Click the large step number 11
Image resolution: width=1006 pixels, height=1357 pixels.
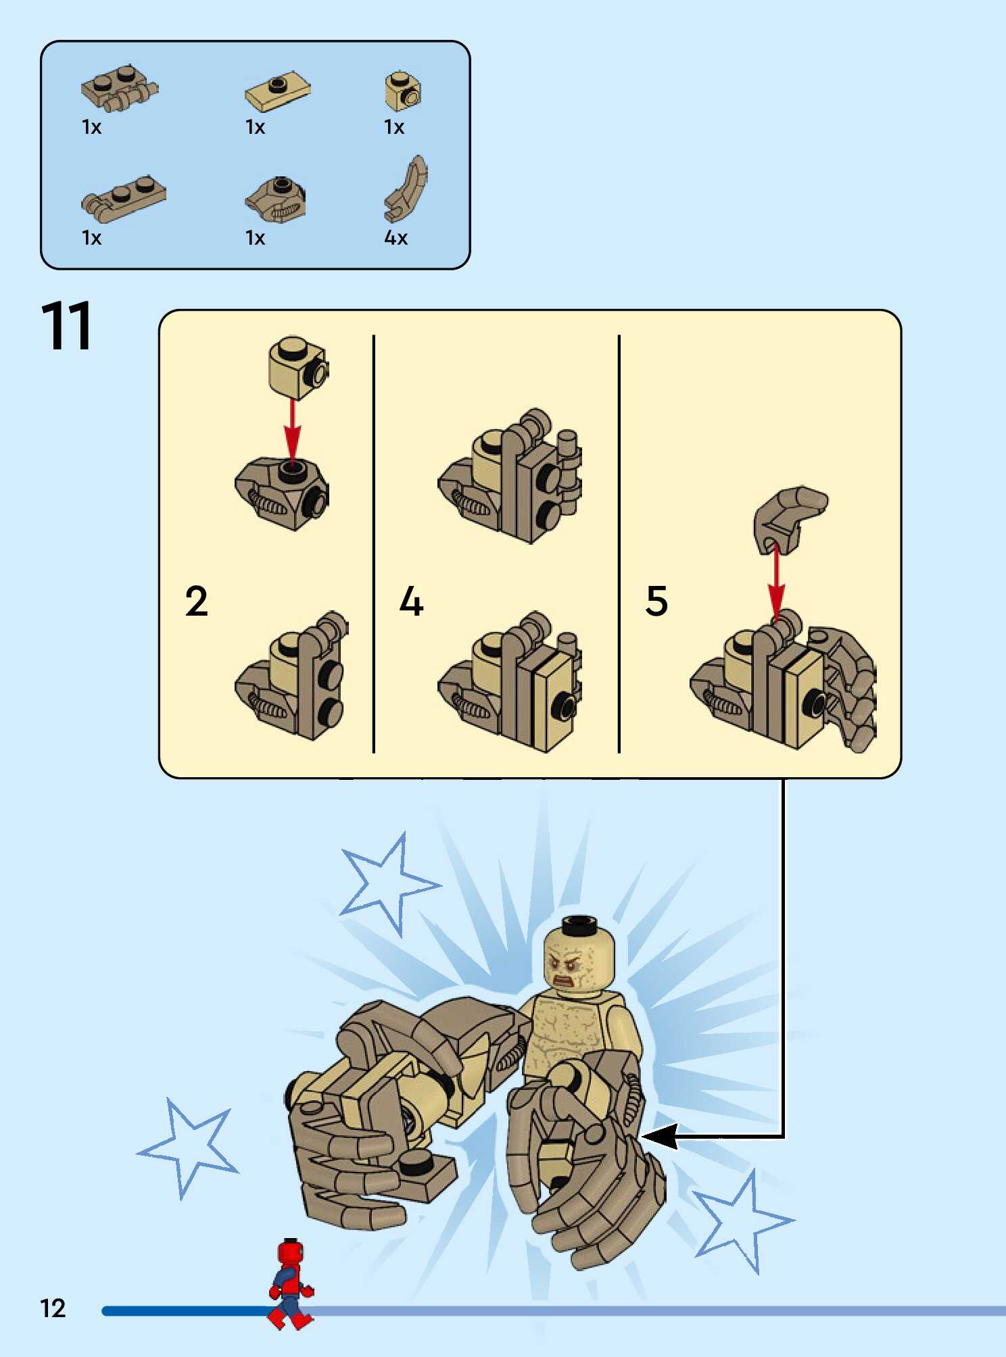[66, 326]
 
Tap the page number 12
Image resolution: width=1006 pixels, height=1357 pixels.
[53, 1308]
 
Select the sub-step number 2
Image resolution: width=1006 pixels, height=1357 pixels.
[196, 601]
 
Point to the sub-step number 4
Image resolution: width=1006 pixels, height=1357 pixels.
[411, 601]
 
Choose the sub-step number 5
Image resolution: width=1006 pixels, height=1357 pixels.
[656, 601]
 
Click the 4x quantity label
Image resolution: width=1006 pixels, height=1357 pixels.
[396, 238]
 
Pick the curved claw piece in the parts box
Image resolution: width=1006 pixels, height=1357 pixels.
[406, 189]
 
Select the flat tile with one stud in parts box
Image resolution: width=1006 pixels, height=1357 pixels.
[277, 91]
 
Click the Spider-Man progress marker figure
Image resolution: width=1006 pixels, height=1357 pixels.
[291, 1284]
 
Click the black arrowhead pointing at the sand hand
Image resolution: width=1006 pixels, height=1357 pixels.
[659, 1136]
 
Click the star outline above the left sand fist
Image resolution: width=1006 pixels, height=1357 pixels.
[388, 883]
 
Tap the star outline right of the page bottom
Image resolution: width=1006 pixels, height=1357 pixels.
[744, 1220]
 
